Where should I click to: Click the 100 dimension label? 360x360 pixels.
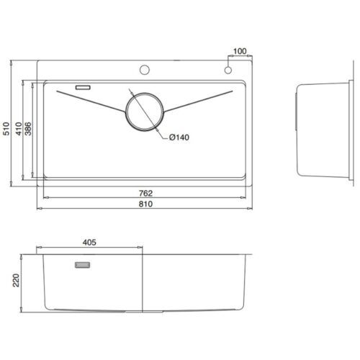click(240, 51)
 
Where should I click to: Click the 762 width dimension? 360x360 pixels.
click(147, 194)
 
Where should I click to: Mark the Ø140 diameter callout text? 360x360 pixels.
click(179, 138)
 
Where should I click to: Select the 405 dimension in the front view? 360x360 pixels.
click(89, 243)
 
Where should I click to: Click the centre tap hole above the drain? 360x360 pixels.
click(144, 70)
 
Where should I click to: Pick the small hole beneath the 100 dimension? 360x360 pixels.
click(228, 71)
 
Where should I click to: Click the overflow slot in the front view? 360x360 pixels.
click(79, 266)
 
